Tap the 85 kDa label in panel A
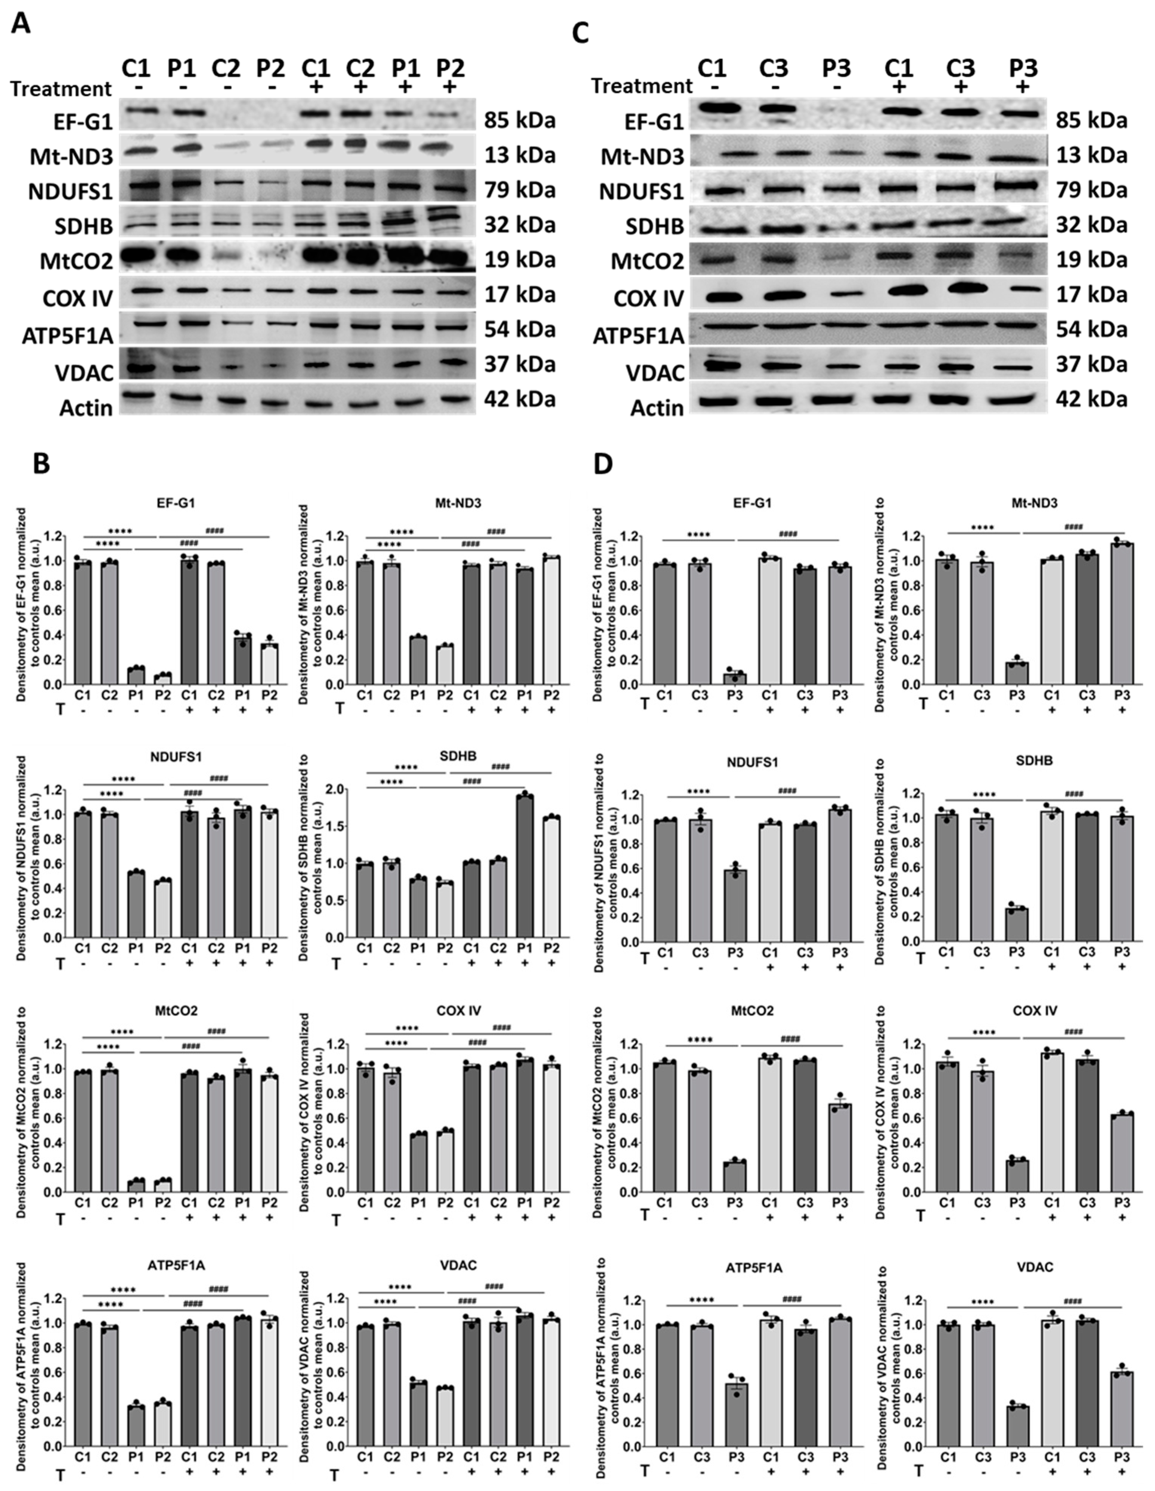520,121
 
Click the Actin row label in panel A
85,407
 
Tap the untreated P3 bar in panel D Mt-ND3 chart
1017,673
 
